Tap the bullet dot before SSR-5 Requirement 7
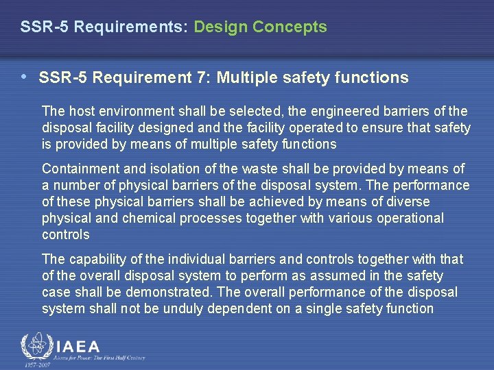click(25, 77)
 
